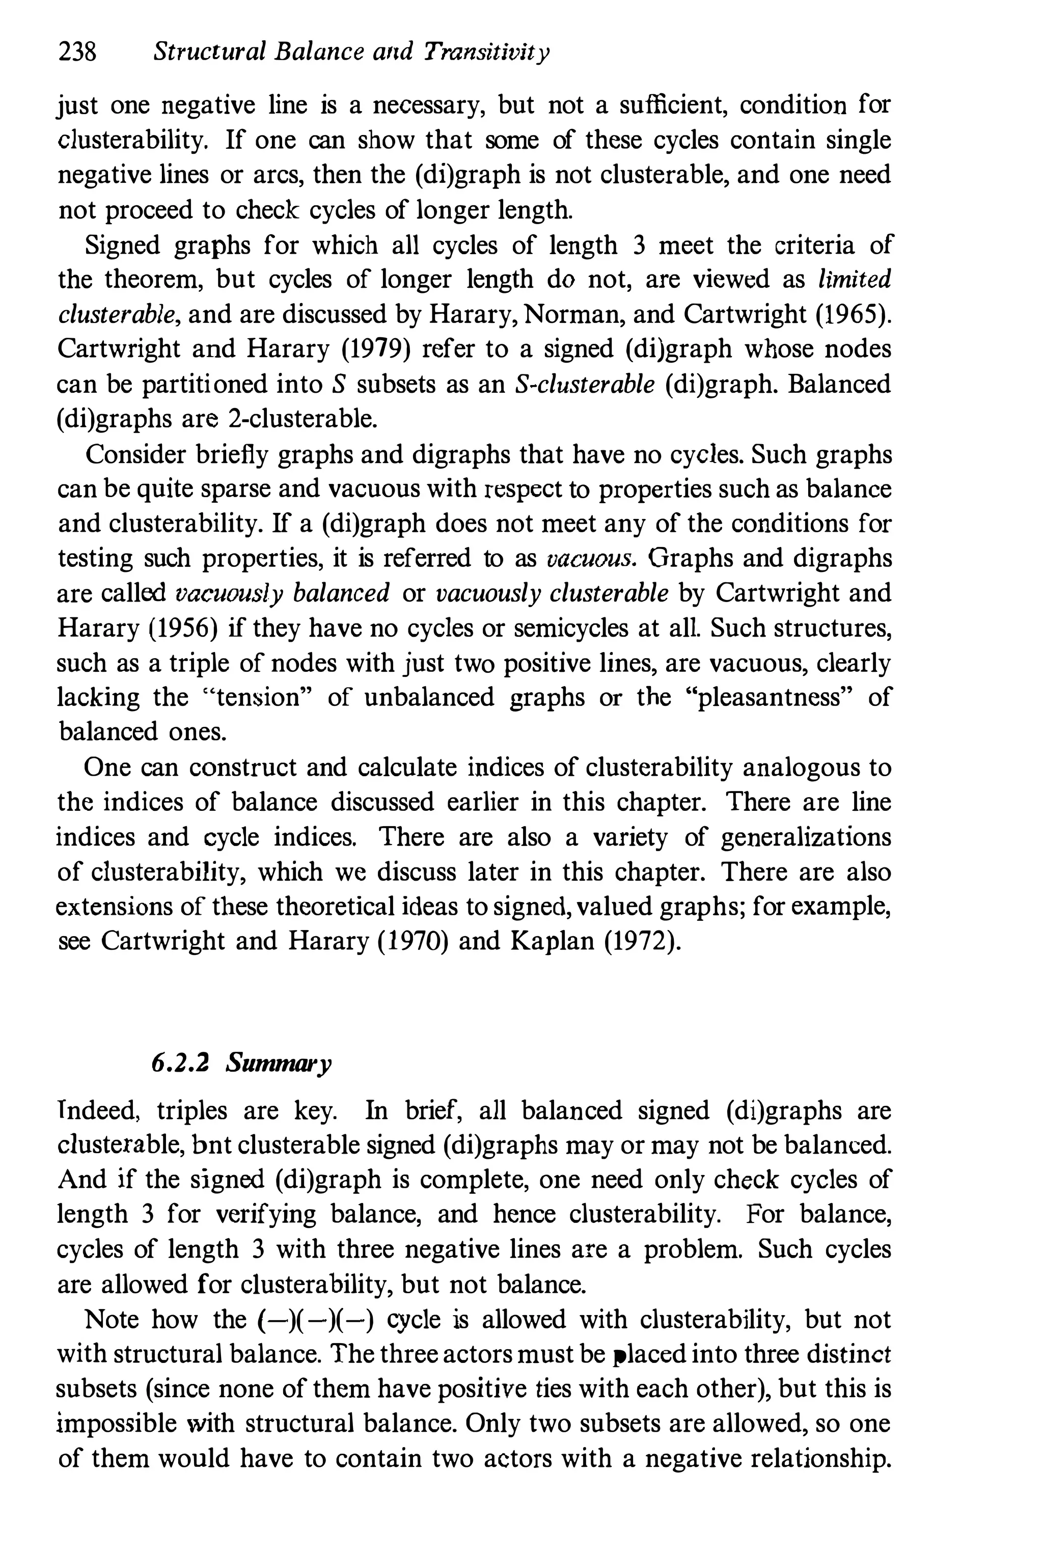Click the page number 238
point(78,51)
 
